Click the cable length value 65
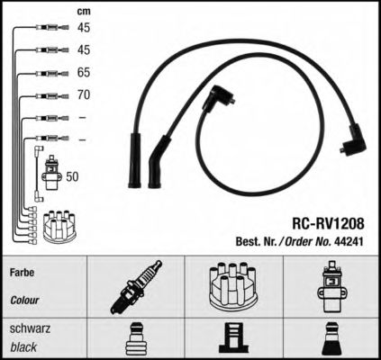click(84, 72)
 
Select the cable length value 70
click(84, 94)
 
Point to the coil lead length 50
click(72, 176)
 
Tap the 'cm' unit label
click(84, 12)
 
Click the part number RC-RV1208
click(328, 223)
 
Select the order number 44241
click(349, 241)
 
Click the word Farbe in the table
click(22, 273)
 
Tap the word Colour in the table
click(24, 300)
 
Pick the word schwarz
click(30, 328)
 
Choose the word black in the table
click(23, 346)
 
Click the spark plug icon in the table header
click(136, 287)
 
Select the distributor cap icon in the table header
click(233, 286)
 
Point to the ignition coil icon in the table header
click(331, 286)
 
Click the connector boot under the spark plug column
click(135, 339)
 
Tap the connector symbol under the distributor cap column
click(234, 337)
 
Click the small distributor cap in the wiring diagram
click(59, 227)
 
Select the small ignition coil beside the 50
click(53, 173)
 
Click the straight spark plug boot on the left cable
click(135, 160)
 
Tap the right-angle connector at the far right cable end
click(354, 139)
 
